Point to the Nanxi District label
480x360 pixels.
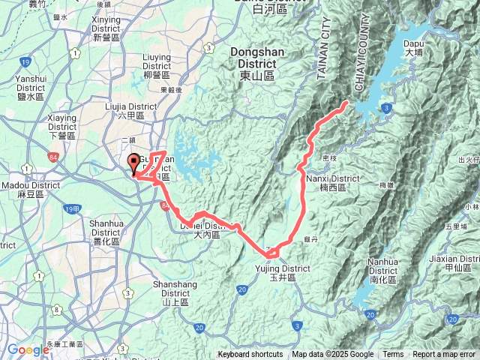333,182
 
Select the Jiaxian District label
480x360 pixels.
459,262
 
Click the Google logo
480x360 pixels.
28,350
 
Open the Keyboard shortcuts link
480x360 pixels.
251,355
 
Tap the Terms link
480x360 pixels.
393,355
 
